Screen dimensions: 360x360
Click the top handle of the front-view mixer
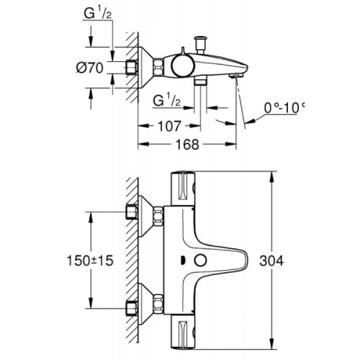click(x=186, y=189)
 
